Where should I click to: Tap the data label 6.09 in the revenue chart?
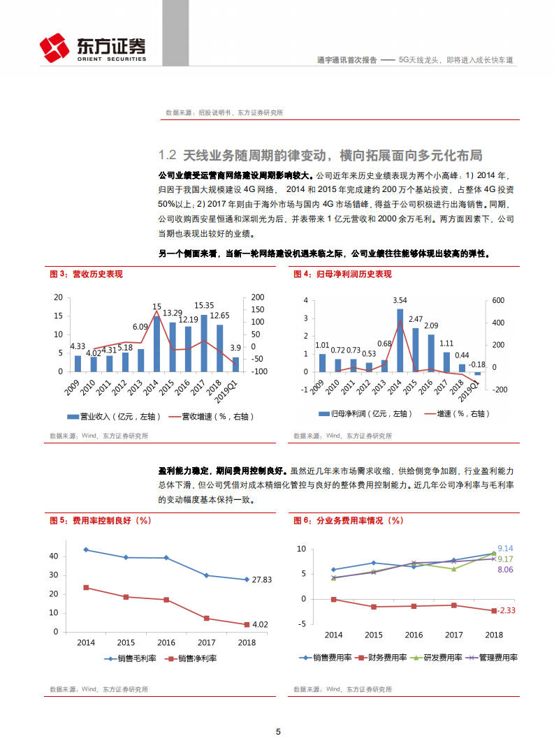click(x=140, y=326)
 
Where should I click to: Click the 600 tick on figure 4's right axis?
click(x=497, y=300)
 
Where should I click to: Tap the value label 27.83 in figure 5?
click(x=261, y=580)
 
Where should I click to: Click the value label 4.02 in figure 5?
click(x=261, y=624)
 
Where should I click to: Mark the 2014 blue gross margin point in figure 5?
click(x=86, y=550)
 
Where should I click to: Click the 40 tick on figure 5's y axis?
click(x=54, y=556)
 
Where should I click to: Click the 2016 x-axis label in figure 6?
click(x=414, y=635)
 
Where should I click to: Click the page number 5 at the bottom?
click(x=277, y=732)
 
